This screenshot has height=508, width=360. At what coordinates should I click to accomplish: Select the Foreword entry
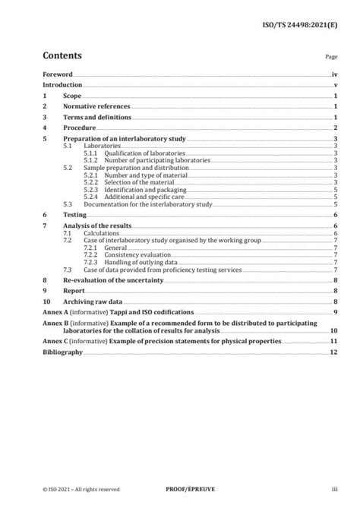(x=58, y=75)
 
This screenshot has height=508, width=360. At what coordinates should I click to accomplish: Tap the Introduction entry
(x=62, y=86)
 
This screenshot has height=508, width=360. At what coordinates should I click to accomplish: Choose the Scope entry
(x=72, y=96)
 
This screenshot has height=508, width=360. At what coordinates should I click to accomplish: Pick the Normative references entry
(x=96, y=107)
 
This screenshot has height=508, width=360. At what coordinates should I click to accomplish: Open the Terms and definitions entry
(x=97, y=118)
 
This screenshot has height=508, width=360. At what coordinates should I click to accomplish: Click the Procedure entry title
(x=79, y=128)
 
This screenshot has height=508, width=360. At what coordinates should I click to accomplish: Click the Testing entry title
(x=74, y=215)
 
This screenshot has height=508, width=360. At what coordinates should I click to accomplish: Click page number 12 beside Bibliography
(x=333, y=352)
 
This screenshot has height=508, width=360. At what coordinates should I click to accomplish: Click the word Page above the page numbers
(x=331, y=57)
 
